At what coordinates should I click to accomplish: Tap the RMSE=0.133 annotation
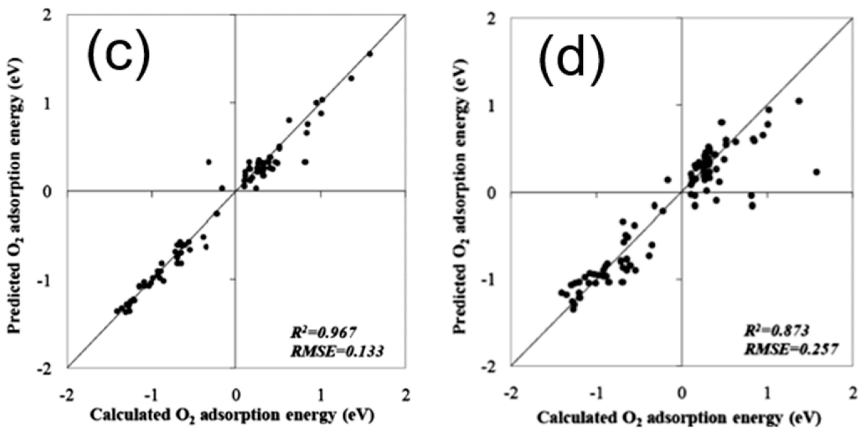point(337,352)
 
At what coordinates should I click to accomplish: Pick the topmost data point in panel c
point(370,54)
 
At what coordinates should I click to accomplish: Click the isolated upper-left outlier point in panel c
point(209,162)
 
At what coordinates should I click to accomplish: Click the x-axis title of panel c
point(232,415)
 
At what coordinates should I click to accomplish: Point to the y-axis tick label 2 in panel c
point(58,17)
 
